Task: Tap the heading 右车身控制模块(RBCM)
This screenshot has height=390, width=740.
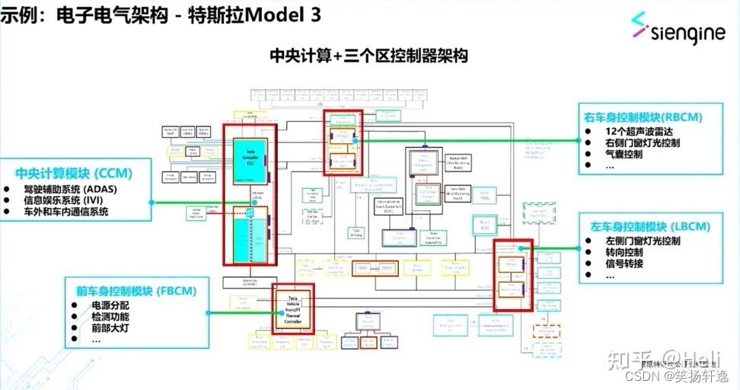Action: click(x=643, y=117)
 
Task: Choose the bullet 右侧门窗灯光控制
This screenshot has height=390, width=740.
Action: click(x=643, y=142)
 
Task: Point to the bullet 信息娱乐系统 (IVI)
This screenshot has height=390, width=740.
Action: click(x=69, y=200)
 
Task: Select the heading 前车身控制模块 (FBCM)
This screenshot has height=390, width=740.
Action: click(x=136, y=291)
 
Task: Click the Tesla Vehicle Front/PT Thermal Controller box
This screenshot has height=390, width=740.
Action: click(x=293, y=312)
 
